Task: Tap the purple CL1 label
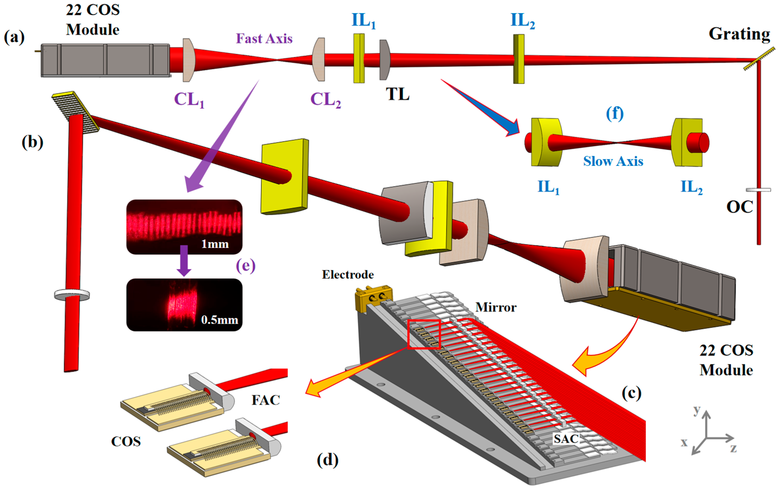[x=189, y=100]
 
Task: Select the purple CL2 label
[x=325, y=100]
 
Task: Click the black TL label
[x=398, y=94]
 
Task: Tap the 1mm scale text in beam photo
[x=215, y=243]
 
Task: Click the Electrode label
[x=348, y=275]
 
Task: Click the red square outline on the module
[x=424, y=334]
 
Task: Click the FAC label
[x=266, y=400]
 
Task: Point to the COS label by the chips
[x=126, y=441]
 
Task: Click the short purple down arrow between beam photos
[x=184, y=261]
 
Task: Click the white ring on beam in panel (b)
[x=72, y=295]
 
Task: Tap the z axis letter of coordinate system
[x=733, y=448]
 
